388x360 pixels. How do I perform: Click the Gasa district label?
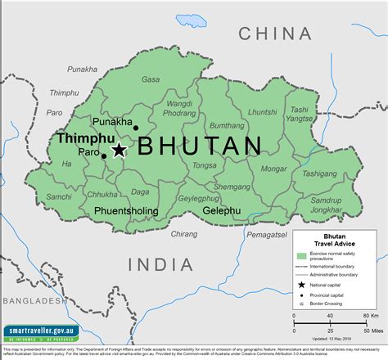point(151,79)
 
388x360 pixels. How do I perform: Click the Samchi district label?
point(58,197)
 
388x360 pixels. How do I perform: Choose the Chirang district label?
point(184,234)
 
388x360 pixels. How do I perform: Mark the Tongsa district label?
point(204,164)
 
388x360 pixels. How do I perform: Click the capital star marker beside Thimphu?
point(120,150)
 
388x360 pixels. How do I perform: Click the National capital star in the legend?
point(300,285)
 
